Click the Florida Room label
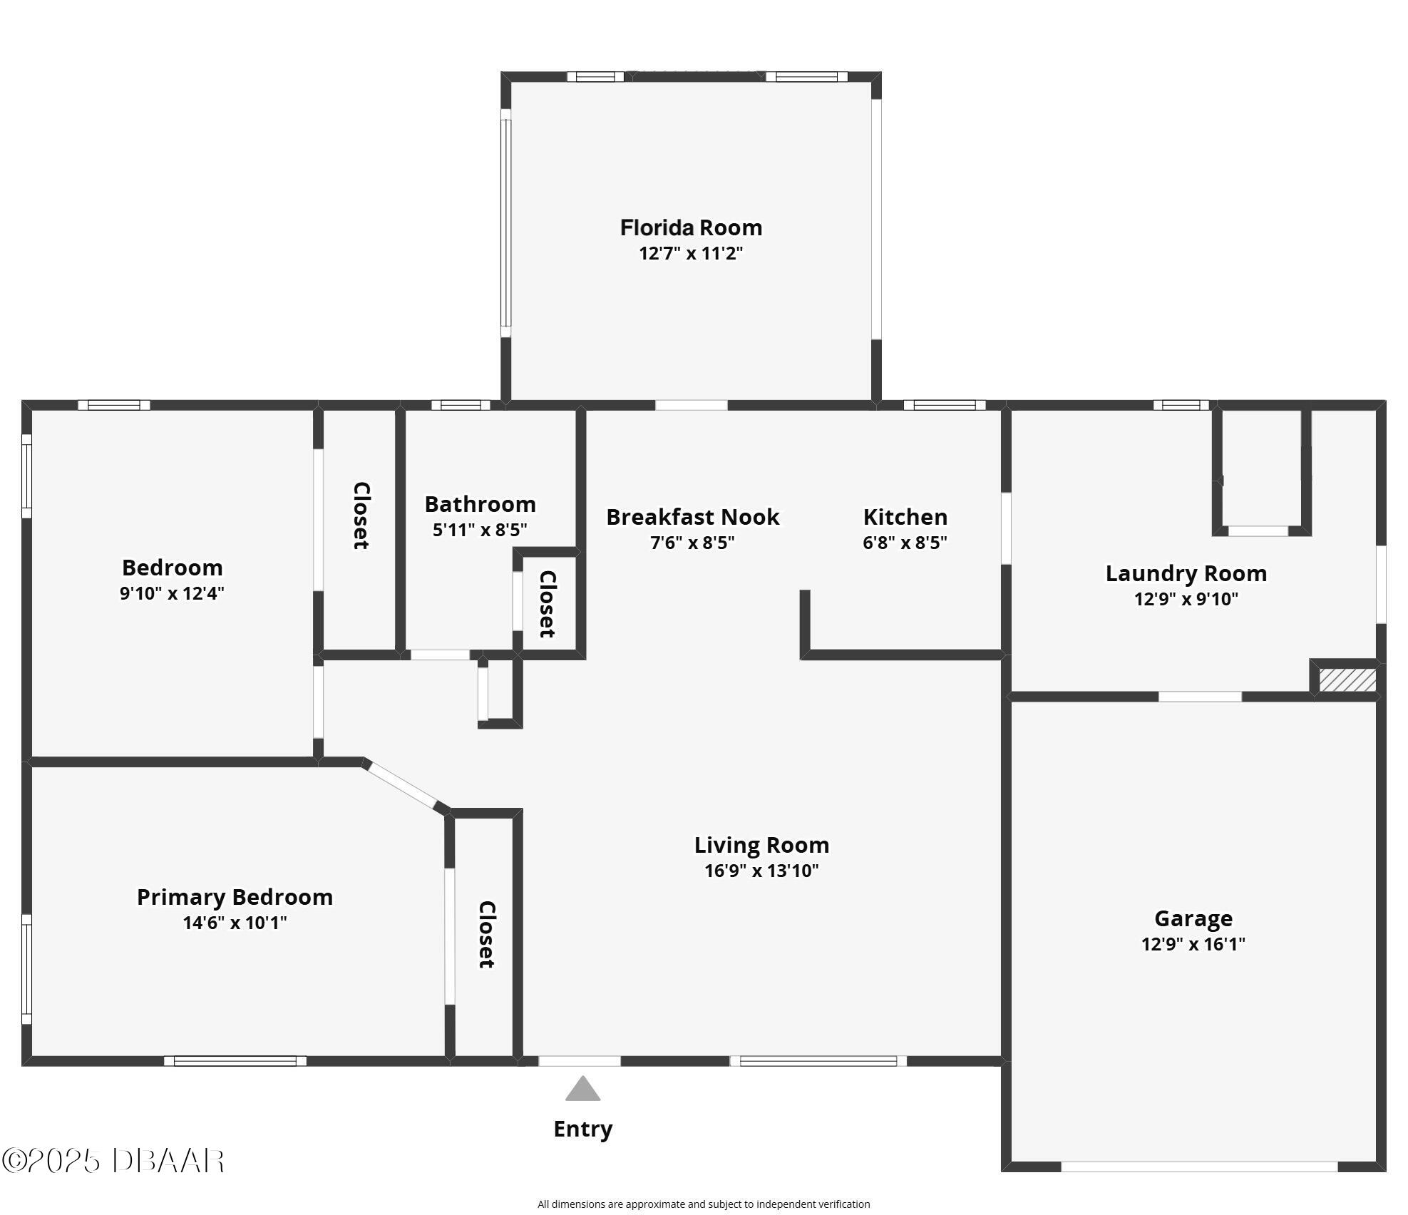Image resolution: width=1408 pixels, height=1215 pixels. [x=691, y=227]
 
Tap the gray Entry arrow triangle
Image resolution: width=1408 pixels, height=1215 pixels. [x=583, y=1089]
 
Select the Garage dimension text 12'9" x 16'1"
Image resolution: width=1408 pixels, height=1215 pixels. [x=1193, y=944]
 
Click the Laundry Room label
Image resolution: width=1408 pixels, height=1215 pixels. [x=1186, y=573]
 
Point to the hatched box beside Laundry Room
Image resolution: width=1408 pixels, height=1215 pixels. [x=1347, y=680]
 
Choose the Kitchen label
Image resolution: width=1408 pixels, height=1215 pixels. [x=905, y=517]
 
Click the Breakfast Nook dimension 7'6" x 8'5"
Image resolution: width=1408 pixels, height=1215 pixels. [x=692, y=543]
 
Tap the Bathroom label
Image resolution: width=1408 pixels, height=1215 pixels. [x=480, y=504]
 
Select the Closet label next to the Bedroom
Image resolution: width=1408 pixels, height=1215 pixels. [x=361, y=516]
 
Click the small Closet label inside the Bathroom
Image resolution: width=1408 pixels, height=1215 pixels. [x=547, y=604]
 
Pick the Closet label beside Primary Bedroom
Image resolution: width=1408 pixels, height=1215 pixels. [x=486, y=935]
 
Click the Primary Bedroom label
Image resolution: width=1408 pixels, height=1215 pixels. [x=235, y=897]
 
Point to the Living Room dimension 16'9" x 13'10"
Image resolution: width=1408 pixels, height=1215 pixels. [x=761, y=871]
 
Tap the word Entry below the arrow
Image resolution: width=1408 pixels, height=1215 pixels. [x=583, y=1129]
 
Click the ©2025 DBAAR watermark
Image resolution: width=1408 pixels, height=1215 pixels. [x=113, y=1161]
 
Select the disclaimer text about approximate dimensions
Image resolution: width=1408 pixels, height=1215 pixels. [x=704, y=1204]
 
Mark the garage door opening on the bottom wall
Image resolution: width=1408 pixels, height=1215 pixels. [x=1199, y=1167]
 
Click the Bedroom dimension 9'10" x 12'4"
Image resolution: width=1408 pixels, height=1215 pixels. [x=172, y=593]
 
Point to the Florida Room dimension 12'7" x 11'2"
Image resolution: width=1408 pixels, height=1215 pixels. [x=691, y=253]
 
